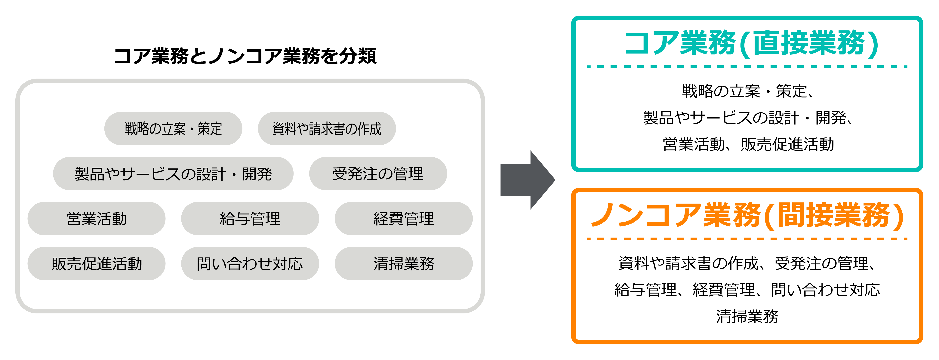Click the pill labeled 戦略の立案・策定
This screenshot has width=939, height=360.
click(173, 129)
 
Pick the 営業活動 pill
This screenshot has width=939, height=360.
click(97, 219)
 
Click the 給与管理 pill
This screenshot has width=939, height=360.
click(250, 219)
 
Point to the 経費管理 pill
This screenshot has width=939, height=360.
click(404, 219)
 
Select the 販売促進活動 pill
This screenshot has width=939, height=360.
click(97, 263)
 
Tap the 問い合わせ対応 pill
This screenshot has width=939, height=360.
click(250, 263)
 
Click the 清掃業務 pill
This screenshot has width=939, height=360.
click(404, 263)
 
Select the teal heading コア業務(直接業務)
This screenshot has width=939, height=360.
click(752, 44)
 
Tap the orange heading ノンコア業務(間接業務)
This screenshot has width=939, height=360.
click(747, 216)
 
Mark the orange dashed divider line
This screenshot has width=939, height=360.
click(747, 239)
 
